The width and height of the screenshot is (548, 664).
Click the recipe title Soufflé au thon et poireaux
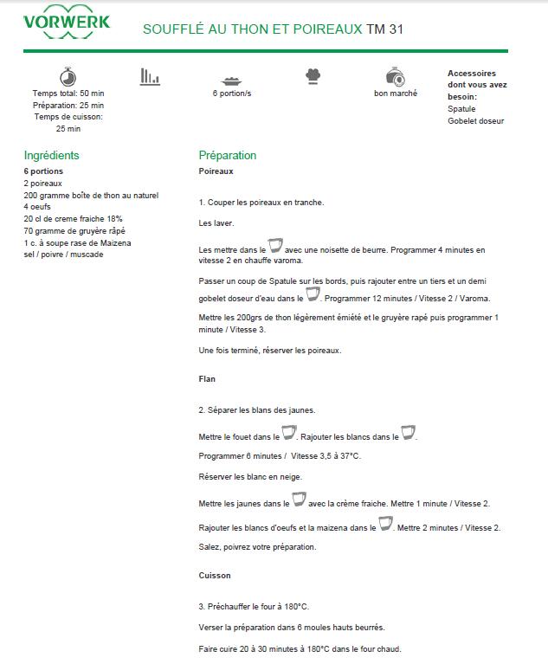point(253,29)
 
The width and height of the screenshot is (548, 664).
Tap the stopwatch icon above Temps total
point(68,76)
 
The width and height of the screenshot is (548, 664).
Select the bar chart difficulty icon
point(150,76)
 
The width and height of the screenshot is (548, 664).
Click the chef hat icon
point(313,76)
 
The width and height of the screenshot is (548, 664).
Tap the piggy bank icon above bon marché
point(396,76)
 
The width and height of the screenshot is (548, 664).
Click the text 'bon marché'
point(396,93)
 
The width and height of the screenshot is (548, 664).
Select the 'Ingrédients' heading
point(52,156)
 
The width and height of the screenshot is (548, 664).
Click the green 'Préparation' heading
point(228,156)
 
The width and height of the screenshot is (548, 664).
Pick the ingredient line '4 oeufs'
point(38,207)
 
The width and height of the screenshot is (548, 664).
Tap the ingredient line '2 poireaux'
point(43,184)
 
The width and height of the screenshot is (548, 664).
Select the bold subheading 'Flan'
point(207,378)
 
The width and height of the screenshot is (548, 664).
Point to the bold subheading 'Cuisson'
point(215,575)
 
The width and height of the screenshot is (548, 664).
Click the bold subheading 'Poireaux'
point(216,171)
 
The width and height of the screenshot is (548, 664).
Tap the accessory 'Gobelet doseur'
point(475,121)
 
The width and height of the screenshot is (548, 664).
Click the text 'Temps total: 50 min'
point(68,93)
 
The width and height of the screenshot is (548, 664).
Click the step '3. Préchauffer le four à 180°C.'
point(254,606)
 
